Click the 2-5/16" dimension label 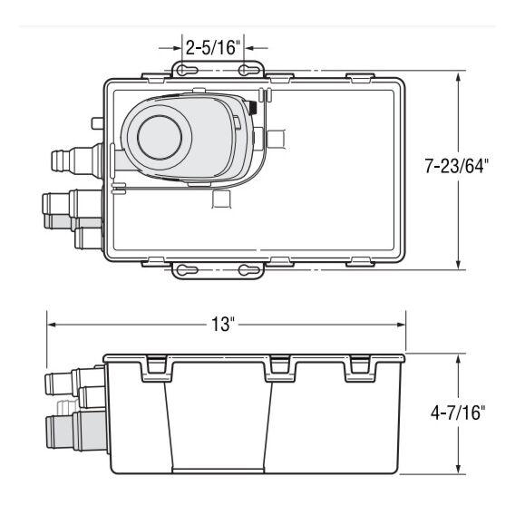point(212,46)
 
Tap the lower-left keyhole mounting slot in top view point(183,269)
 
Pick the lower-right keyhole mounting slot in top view point(245,269)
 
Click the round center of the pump point(162,138)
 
